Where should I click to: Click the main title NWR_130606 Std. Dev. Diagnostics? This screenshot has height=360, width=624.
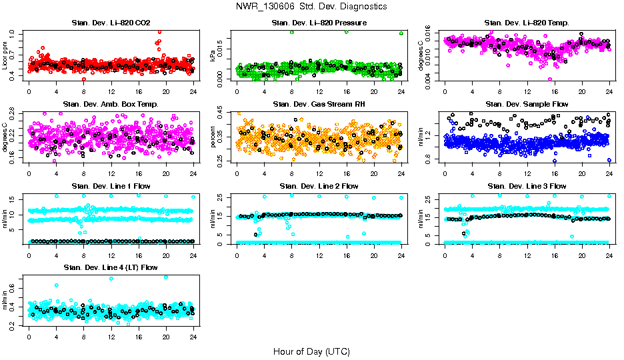(x=311, y=7)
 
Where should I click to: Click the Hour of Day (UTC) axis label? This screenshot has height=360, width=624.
(x=311, y=351)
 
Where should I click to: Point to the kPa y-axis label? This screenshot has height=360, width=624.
(x=213, y=56)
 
